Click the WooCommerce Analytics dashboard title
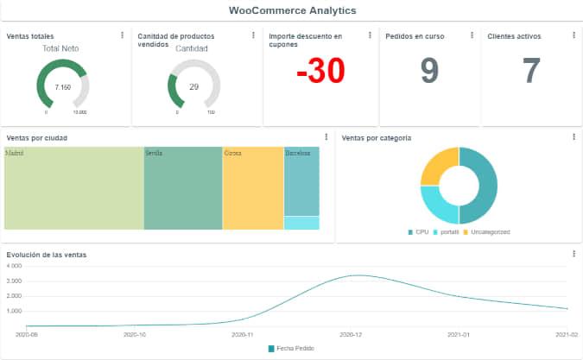pyautogui.click(x=292, y=10)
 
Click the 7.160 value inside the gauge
pyautogui.click(x=62, y=87)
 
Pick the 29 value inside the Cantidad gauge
pyautogui.click(x=193, y=87)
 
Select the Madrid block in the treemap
pyautogui.click(x=73, y=188)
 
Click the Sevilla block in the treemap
pyautogui.click(x=182, y=188)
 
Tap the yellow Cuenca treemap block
pyautogui.click(x=252, y=188)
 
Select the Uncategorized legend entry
pyautogui.click(x=487, y=232)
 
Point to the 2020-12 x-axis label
pyautogui.click(x=350, y=333)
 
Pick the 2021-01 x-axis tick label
pyautogui.click(x=459, y=333)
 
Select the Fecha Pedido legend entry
pyautogui.click(x=291, y=348)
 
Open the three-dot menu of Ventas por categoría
pyautogui.click(x=573, y=137)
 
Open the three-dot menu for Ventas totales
pyautogui.click(x=122, y=35)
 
